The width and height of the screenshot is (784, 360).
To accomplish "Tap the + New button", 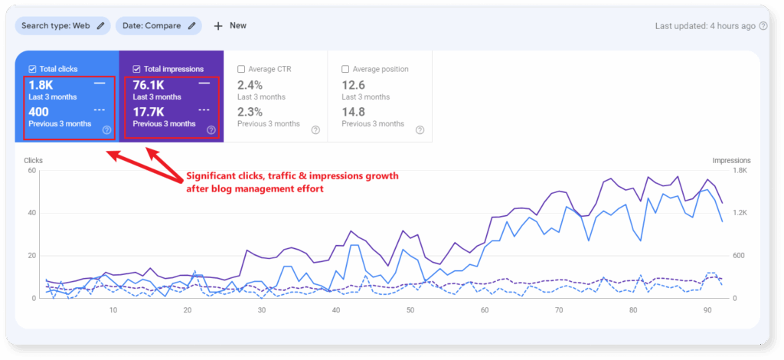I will coord(230,26).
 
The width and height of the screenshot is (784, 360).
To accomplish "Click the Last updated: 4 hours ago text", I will coord(705,26).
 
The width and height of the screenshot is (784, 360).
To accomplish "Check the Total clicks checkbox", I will coord(31,69).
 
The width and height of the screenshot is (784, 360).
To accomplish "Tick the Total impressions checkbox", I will coord(136,69).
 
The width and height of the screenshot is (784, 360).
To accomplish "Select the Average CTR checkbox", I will coord(241,69).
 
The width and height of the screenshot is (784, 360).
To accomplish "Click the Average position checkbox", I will coord(345,69).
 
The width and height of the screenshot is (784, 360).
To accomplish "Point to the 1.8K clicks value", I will coord(41,84).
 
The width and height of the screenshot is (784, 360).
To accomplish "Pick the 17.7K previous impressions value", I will coord(149,112).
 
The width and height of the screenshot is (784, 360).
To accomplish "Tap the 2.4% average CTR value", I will coord(250,84).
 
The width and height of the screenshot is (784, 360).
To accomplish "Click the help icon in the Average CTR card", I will coord(315,130).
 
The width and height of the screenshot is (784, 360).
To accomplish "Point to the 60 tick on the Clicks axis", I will coord(31,170).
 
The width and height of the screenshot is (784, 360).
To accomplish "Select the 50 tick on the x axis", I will coord(410,310).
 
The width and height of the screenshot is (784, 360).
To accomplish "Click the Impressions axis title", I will coord(731,161).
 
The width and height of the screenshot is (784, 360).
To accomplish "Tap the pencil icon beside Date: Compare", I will coord(192,26).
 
